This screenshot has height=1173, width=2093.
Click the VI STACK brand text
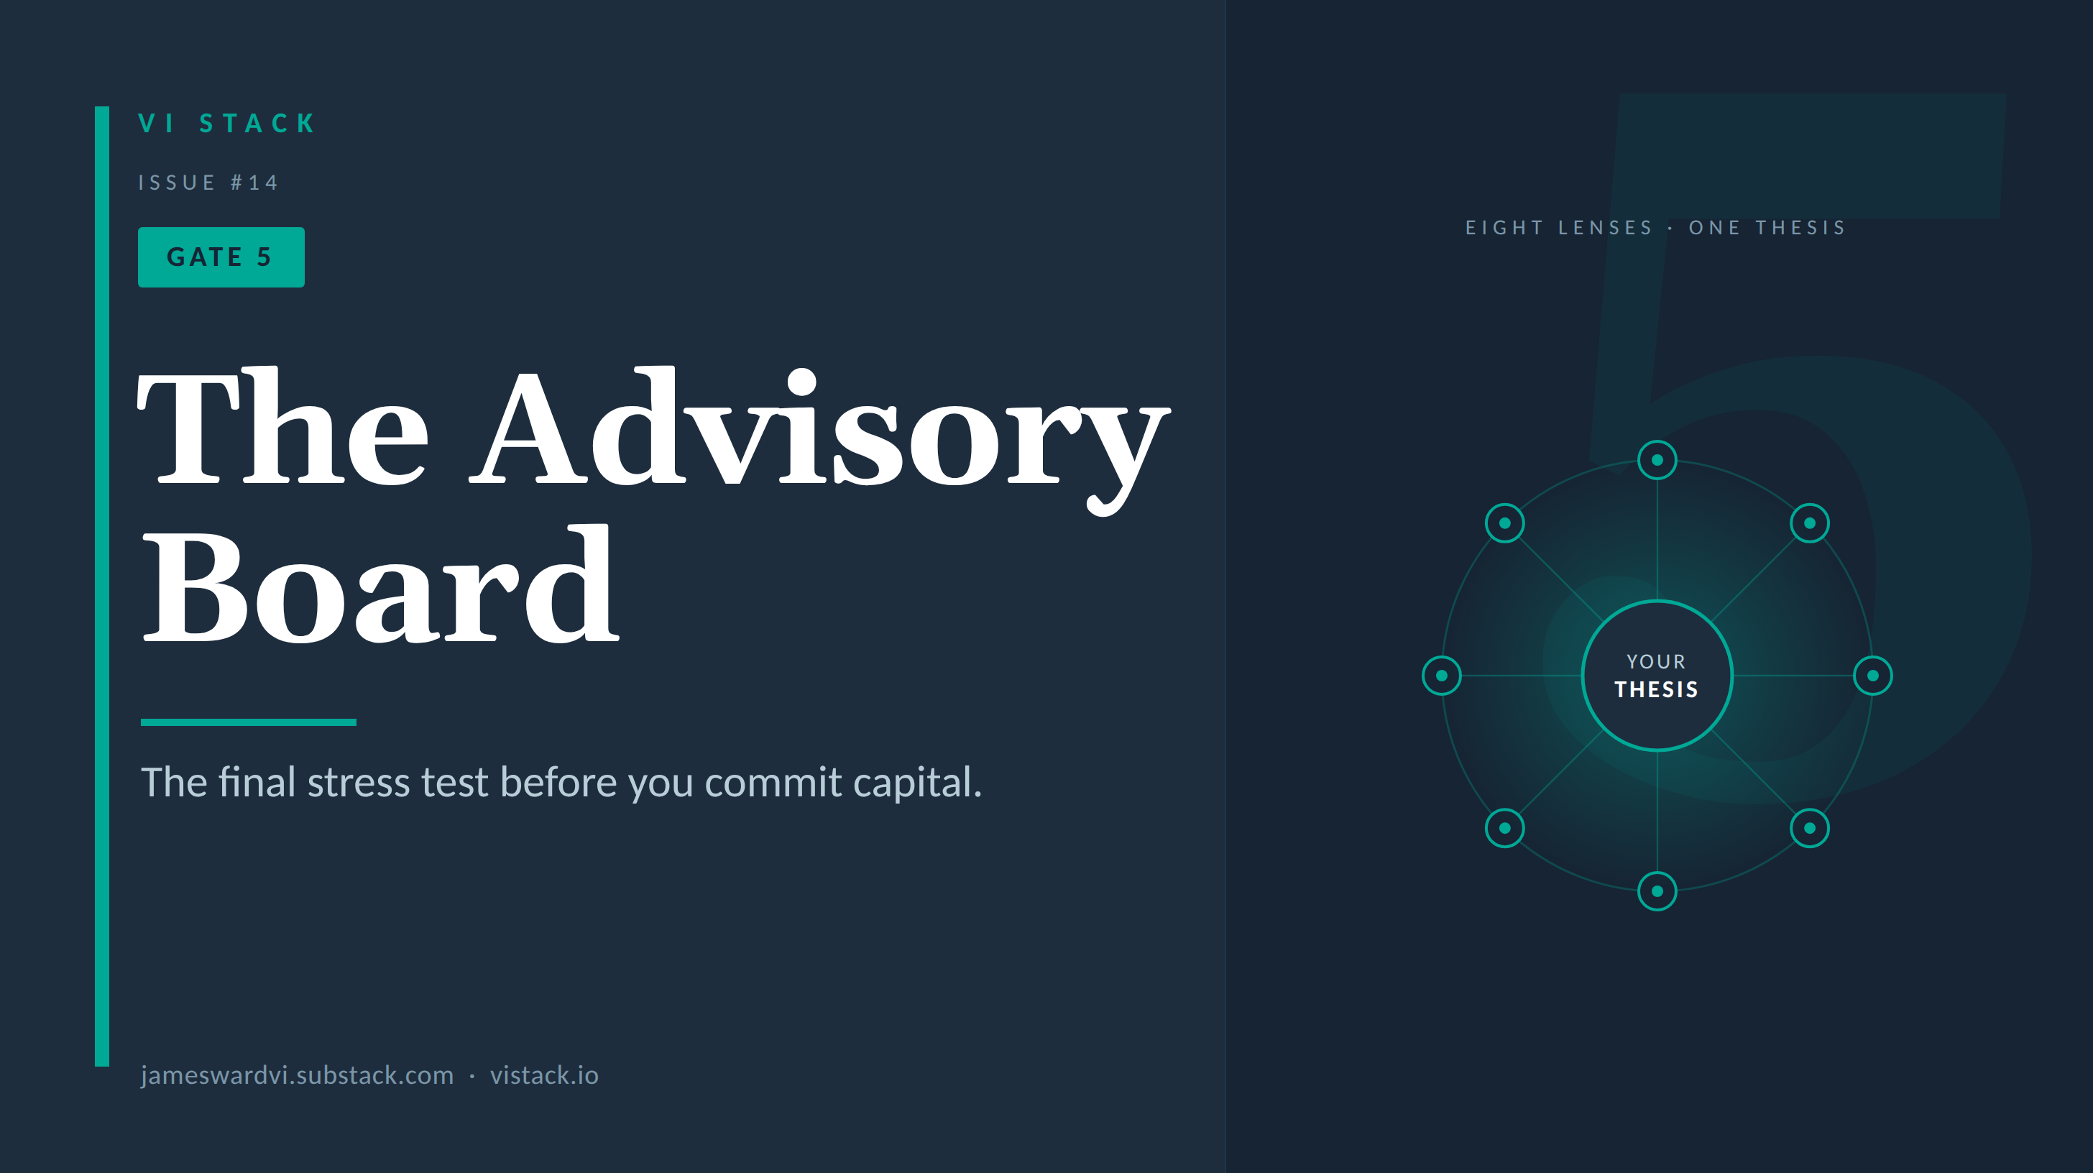tap(226, 124)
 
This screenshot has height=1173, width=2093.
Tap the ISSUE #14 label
tap(208, 183)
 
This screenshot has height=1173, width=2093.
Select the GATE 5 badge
tap(221, 257)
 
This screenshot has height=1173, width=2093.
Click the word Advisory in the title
tap(821, 438)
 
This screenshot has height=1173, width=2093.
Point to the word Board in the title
tap(380, 583)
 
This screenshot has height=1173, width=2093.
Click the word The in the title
tap(282, 425)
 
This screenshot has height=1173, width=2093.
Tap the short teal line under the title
tap(249, 722)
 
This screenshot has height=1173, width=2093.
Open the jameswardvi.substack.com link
tap(298, 1075)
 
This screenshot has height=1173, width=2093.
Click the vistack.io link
tap(544, 1075)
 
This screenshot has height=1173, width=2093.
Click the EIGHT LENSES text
tap(1559, 227)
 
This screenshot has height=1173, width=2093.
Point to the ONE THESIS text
tap(1767, 227)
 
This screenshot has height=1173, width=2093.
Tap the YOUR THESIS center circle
tap(1657, 676)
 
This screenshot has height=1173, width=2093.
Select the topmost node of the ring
tap(1657, 461)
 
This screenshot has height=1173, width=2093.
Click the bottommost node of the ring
tap(1657, 891)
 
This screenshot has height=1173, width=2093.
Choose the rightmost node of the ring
tap(1873, 676)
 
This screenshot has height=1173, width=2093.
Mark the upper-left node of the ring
tap(1505, 523)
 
